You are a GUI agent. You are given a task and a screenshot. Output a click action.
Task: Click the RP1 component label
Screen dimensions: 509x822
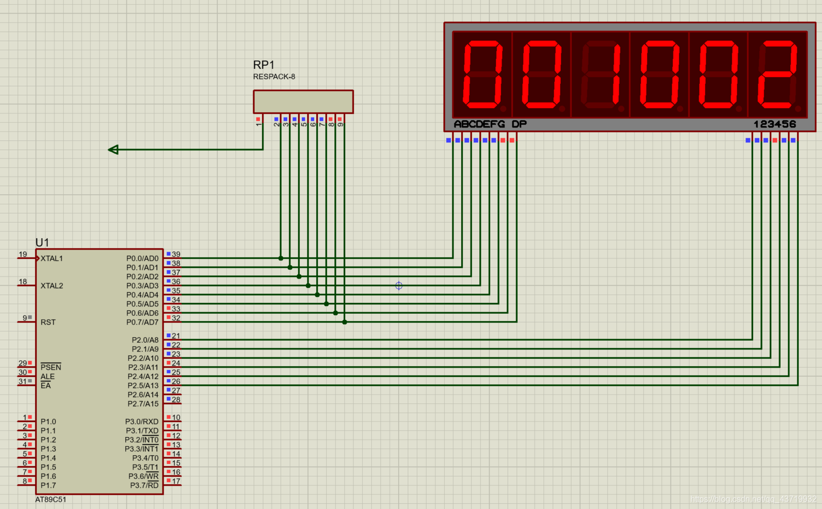(263, 65)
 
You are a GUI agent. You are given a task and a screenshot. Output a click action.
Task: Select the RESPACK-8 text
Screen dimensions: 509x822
(274, 77)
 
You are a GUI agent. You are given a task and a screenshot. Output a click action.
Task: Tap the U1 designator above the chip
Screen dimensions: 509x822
(42, 242)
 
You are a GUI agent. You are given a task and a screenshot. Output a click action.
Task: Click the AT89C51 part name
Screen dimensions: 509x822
(51, 500)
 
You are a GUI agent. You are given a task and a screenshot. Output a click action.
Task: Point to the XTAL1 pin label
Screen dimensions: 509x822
(52, 258)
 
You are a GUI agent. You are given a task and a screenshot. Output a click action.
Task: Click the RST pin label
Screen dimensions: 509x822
(48, 322)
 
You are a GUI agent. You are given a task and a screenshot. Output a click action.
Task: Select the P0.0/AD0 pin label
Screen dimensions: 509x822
(142, 258)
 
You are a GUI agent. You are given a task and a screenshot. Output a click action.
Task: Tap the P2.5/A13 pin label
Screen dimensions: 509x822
(143, 386)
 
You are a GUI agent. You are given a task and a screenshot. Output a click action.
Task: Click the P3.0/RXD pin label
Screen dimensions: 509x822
(142, 422)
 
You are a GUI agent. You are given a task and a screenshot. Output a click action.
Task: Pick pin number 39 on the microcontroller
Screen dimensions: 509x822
(176, 254)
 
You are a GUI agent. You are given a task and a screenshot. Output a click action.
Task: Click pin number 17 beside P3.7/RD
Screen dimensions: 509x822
(176, 481)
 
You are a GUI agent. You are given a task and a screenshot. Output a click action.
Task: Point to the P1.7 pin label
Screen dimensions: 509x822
(48, 486)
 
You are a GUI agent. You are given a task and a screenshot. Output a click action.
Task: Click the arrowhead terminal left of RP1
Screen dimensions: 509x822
(113, 150)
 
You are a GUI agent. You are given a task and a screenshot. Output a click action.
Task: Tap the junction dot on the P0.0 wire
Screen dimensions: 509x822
(281, 258)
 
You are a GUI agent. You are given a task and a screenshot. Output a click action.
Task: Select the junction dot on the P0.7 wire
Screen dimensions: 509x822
(344, 322)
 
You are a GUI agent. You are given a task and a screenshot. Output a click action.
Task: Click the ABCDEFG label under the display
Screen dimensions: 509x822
(479, 124)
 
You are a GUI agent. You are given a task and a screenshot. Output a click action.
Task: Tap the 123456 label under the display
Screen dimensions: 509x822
(774, 124)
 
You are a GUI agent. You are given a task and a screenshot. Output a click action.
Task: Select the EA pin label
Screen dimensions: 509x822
(46, 386)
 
